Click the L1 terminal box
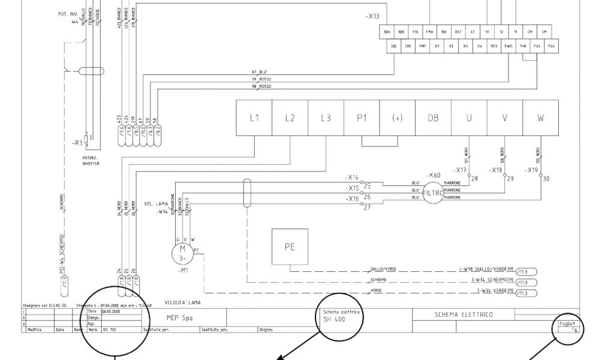pyautogui.click(x=254, y=118)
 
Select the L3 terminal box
pyautogui.click(x=326, y=118)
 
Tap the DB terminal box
pyautogui.click(x=433, y=118)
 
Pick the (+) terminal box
pyautogui.click(x=397, y=118)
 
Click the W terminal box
pyautogui.click(x=540, y=118)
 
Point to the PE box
pyautogui.click(x=290, y=247)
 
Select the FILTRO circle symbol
pyautogui.click(x=434, y=193)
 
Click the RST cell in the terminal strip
pyautogui.click(x=458, y=31)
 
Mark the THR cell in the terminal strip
pyautogui.click(x=523, y=46)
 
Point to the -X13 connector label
pyautogui.click(x=372, y=17)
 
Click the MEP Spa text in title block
pyautogui.click(x=179, y=317)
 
